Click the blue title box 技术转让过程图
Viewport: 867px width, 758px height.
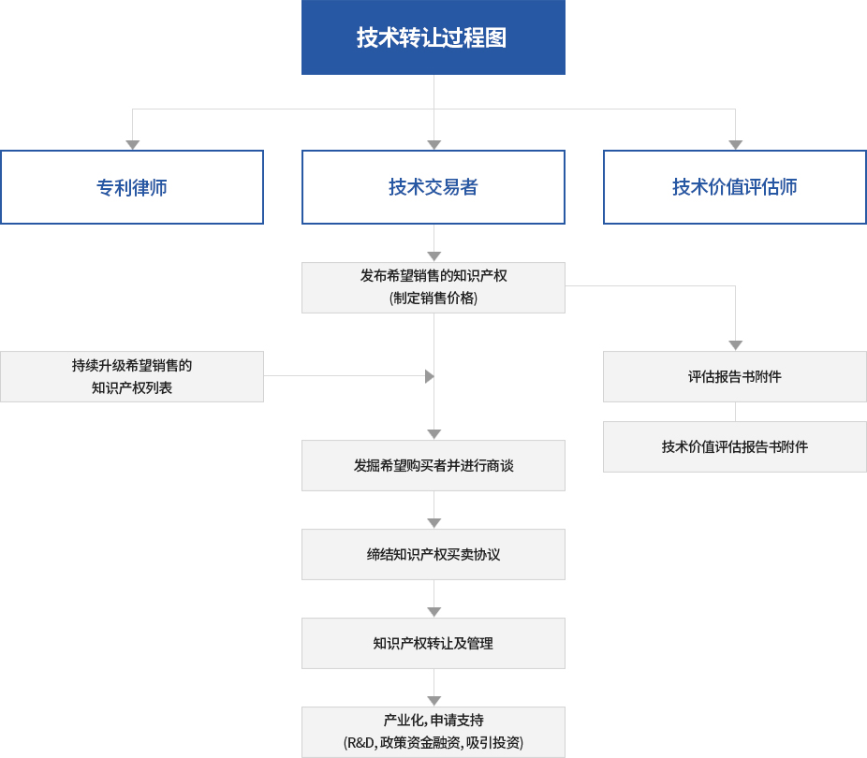[x=433, y=37]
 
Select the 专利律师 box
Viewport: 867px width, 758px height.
[x=132, y=187]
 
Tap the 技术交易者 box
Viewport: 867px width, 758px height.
[x=433, y=187]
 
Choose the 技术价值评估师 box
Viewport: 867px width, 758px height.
[x=735, y=187]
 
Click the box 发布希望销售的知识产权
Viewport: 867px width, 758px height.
[x=433, y=288]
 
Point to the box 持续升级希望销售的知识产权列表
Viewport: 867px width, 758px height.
[x=132, y=377]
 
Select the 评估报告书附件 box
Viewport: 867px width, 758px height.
[x=735, y=377]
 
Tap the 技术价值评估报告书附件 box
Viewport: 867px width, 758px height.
[x=735, y=447]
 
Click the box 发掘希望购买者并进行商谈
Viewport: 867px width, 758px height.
[x=433, y=466]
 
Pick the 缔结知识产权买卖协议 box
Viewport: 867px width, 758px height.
[x=433, y=555]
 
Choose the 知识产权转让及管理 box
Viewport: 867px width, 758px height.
[x=433, y=644]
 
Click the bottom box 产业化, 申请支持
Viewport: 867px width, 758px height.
[x=433, y=732]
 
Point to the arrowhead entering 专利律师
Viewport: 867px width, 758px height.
[x=133, y=145]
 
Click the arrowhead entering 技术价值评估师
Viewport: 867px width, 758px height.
[x=735, y=145]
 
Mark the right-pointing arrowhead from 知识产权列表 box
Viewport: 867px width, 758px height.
[x=430, y=377]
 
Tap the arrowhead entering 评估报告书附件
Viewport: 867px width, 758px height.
[x=735, y=345]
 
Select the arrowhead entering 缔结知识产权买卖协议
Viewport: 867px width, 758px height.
[x=434, y=523]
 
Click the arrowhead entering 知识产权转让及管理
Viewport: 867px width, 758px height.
[x=434, y=612]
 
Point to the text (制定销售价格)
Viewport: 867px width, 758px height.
[x=433, y=299]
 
